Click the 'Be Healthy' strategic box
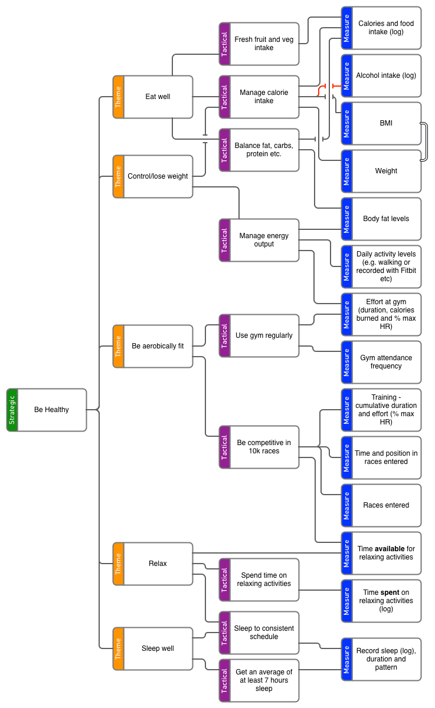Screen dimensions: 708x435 (51, 410)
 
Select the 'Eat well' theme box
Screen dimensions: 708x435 (158, 97)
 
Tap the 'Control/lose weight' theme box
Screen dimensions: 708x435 (158, 176)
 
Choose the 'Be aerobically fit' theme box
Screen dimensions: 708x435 (158, 346)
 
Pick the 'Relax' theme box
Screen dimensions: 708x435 (158, 564)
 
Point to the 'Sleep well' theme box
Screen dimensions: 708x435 (158, 648)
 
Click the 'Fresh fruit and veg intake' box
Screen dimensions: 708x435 (263, 44)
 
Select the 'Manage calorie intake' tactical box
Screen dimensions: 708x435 (263, 97)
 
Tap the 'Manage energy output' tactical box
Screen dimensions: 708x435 (263, 240)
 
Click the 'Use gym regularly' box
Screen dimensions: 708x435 (263, 335)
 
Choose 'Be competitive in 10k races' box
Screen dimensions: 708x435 (263, 447)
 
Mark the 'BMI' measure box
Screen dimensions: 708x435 (385, 123)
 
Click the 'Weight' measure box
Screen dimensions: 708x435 (385, 171)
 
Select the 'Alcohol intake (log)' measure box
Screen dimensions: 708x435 (385, 75)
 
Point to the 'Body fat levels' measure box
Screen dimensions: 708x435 (385, 219)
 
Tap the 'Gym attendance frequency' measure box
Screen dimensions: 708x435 (385, 362)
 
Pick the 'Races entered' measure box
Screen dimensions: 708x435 (385, 505)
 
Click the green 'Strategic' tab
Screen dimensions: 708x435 (12, 410)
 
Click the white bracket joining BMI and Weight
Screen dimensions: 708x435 (424, 141)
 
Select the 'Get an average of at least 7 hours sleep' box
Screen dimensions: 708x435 (263, 680)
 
